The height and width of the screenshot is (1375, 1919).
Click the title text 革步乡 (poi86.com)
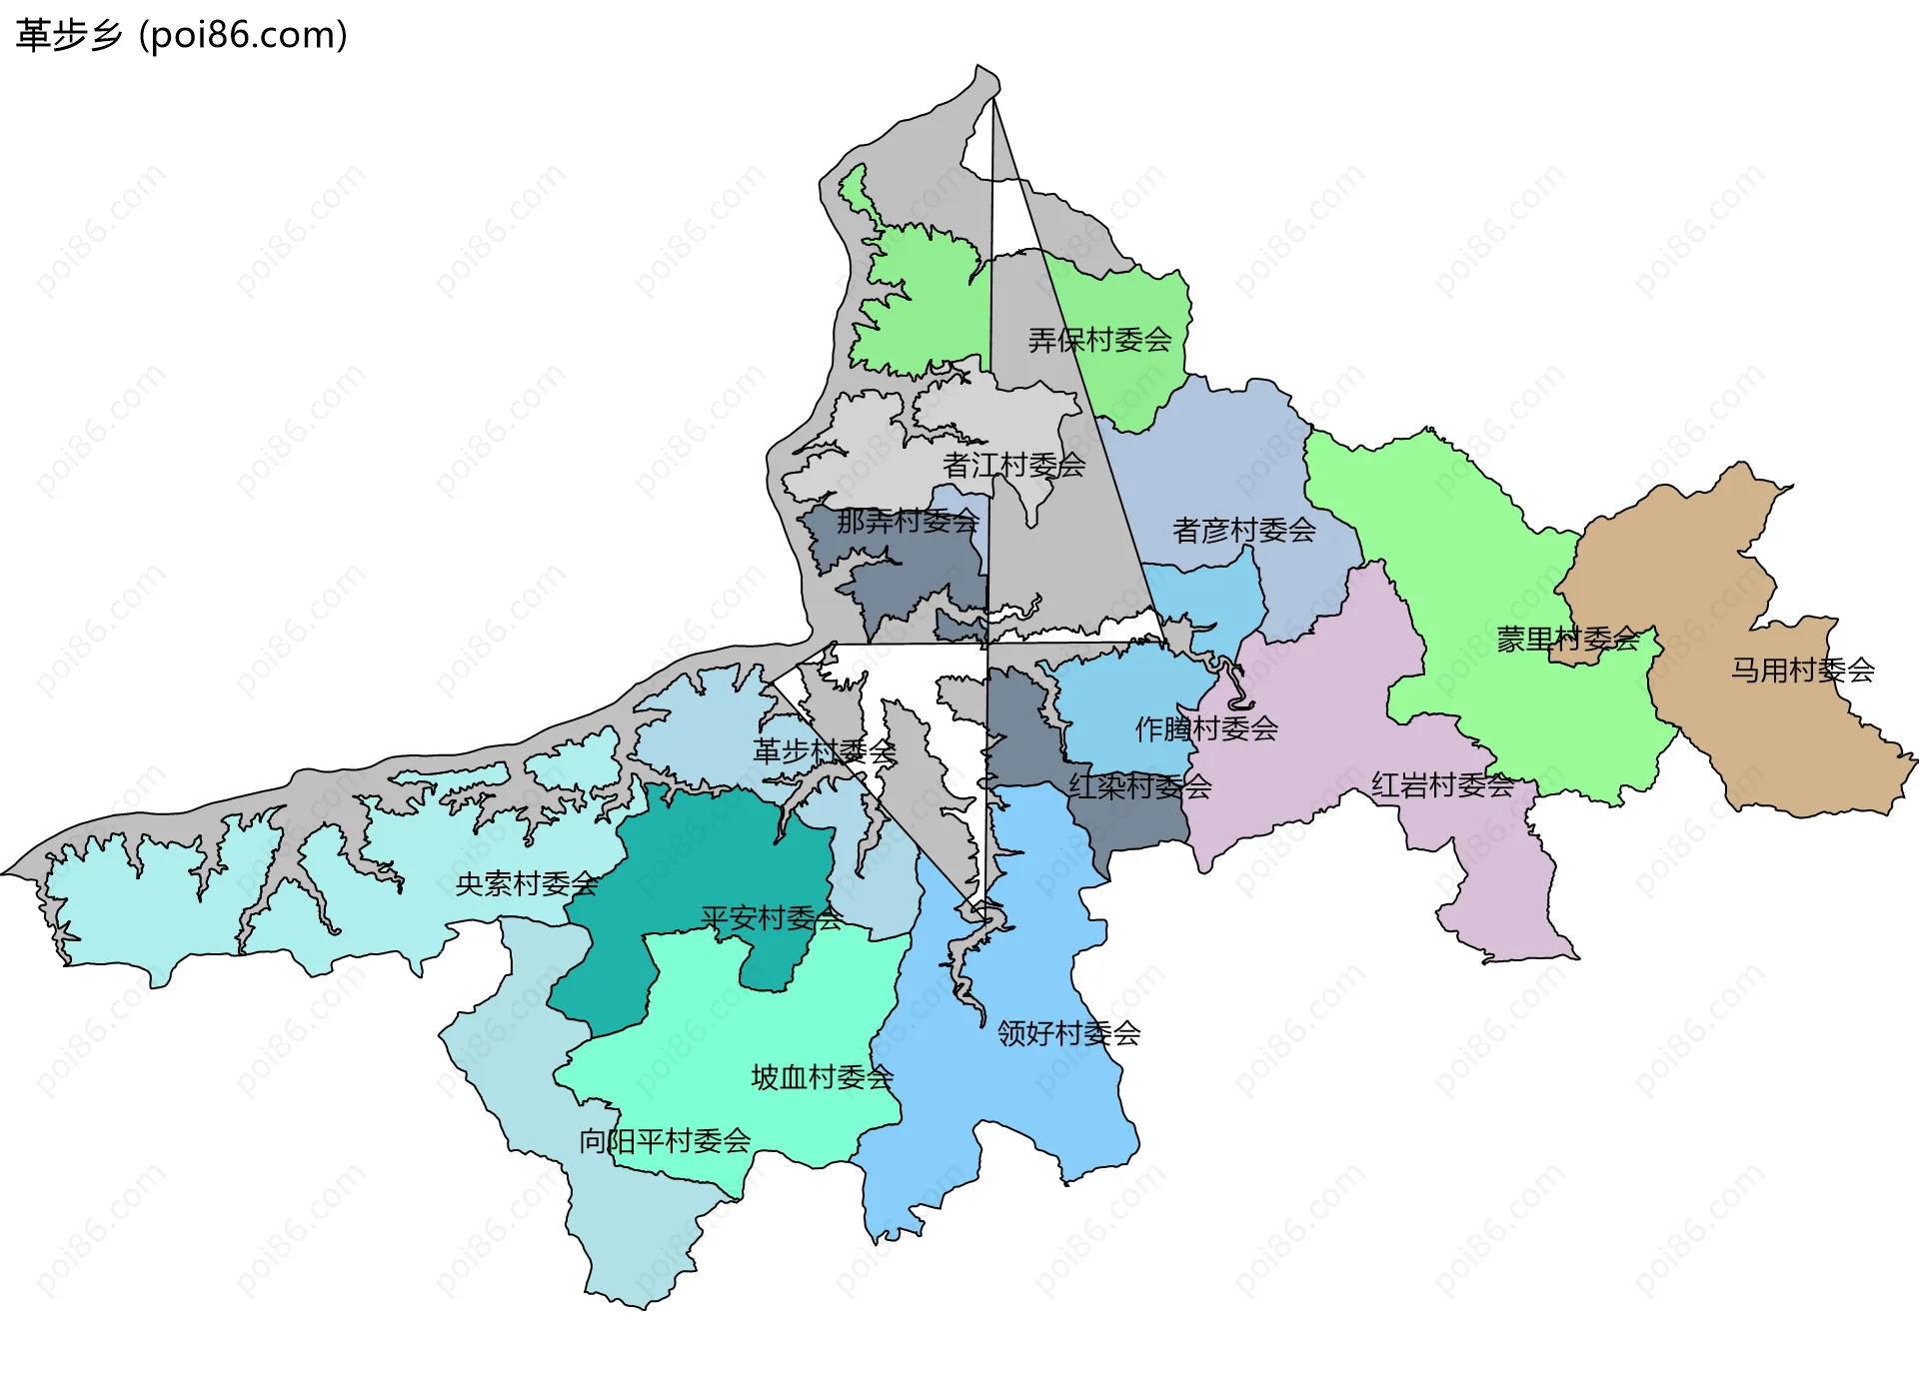(x=182, y=35)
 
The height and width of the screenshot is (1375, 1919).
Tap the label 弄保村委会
(x=1099, y=340)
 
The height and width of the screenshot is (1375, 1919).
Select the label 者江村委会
(x=1013, y=465)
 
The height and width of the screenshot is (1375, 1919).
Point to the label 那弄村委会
(x=908, y=521)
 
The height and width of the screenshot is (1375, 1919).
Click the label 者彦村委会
(x=1243, y=530)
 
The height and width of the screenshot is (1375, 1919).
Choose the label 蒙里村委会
(x=1567, y=639)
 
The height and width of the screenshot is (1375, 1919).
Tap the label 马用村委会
(x=1802, y=670)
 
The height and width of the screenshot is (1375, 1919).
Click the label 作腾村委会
(x=1206, y=728)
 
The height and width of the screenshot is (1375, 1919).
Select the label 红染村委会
(x=1139, y=786)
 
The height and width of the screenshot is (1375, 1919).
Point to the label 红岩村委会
(x=1442, y=785)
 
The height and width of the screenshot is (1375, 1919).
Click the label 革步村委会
(x=824, y=751)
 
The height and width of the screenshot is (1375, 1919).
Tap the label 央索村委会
(x=527, y=883)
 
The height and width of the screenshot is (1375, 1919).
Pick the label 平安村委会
(x=772, y=917)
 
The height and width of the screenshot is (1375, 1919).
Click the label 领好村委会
(x=1068, y=1032)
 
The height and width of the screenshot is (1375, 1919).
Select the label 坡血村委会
(x=822, y=1077)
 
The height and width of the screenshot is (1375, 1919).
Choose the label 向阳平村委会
(x=665, y=1140)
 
